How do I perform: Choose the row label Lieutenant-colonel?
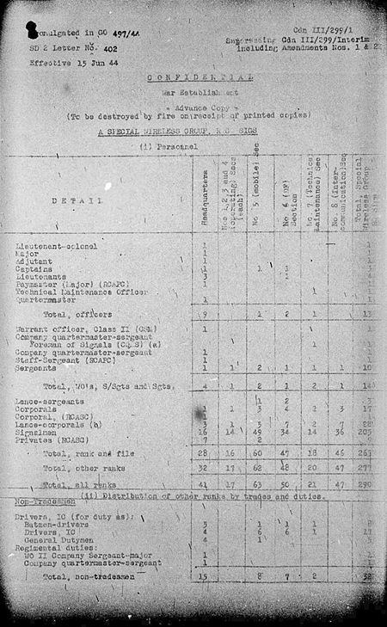point(57,246)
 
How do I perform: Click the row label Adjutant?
point(35,261)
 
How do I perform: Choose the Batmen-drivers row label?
point(58,524)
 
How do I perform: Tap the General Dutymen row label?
point(59,539)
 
